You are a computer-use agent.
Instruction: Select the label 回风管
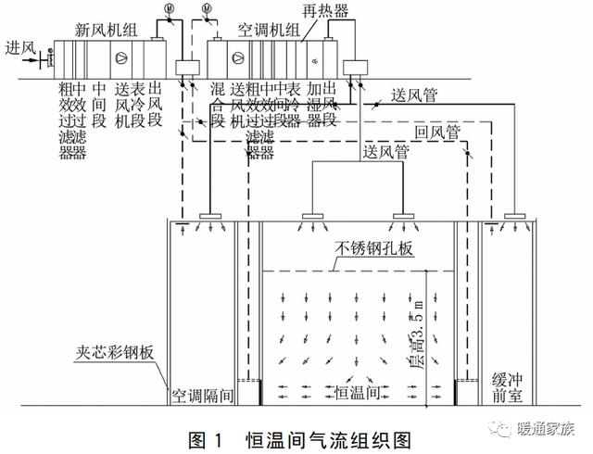point(438,132)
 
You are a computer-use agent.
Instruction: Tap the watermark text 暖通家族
point(549,430)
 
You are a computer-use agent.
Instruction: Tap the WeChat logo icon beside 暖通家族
point(507,428)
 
